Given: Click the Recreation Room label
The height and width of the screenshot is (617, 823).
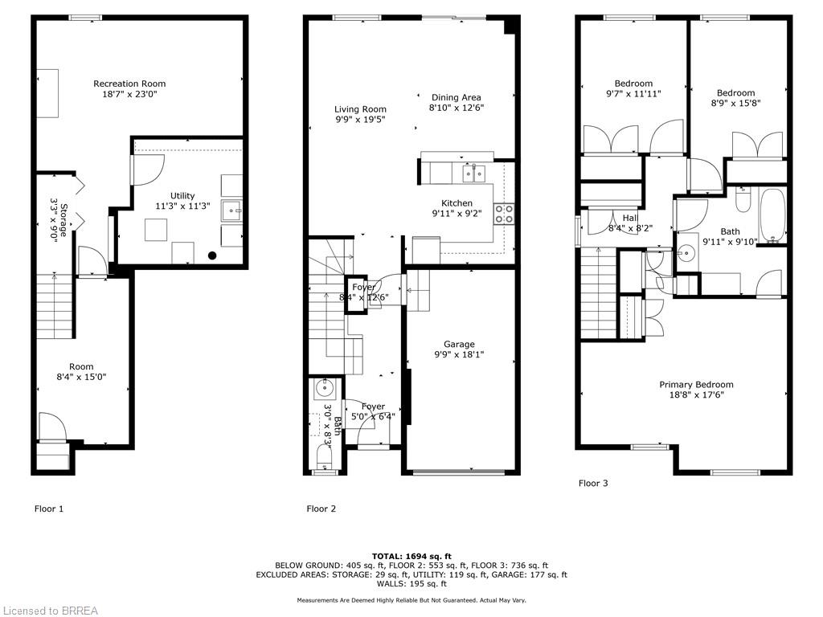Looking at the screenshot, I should (x=129, y=84).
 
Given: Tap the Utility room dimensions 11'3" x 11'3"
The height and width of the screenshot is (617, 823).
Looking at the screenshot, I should (x=182, y=206).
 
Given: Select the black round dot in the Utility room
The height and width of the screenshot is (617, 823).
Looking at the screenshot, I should (x=212, y=256).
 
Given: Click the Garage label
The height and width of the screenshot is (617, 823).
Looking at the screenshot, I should (x=459, y=345).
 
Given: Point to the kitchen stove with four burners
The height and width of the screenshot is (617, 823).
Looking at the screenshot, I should (x=504, y=213).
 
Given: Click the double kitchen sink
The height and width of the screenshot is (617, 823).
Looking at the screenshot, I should (x=473, y=173).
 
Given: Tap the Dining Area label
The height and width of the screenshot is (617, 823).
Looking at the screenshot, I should (x=456, y=97).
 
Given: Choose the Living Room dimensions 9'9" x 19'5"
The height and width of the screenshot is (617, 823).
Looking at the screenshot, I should (x=360, y=120).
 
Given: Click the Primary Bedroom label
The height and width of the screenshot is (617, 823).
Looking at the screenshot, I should (x=696, y=384).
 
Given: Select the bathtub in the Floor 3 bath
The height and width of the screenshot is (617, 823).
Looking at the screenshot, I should (x=772, y=215).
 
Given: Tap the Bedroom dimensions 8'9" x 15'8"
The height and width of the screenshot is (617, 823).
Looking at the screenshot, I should (x=736, y=103).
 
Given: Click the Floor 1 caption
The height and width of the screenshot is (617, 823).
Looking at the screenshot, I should (x=48, y=509).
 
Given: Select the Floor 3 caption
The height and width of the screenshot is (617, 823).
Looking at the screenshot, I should (x=593, y=483).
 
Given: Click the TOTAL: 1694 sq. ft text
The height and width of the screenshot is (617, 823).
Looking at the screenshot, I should (x=411, y=556).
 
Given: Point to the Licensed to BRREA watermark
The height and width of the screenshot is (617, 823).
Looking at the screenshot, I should (x=50, y=611).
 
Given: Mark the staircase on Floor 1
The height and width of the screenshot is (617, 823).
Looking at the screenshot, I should (x=55, y=305).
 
